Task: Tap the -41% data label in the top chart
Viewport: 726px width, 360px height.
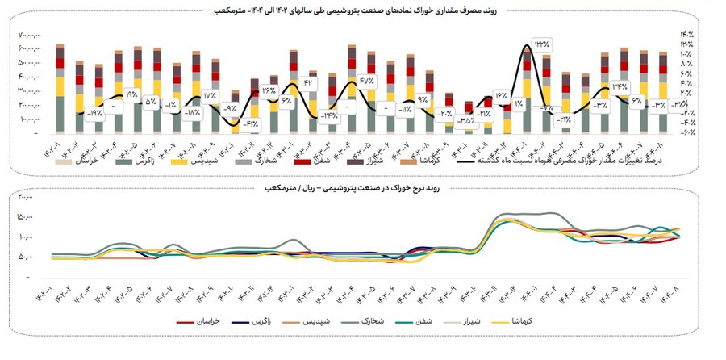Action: coord(252,123)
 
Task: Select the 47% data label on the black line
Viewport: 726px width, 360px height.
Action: coord(368,81)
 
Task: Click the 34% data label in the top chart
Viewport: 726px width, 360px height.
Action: coord(620,86)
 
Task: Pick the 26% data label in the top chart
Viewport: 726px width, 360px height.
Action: coord(269,90)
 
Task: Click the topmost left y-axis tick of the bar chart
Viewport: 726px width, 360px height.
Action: coord(29,35)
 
